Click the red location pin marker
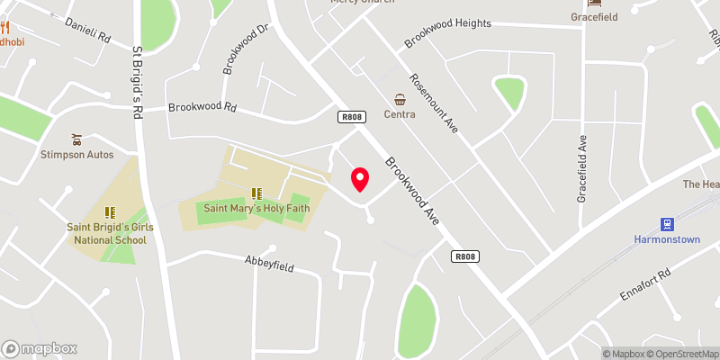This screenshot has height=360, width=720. coord(360,179)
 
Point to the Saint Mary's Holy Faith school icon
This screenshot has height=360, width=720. coord(256,193)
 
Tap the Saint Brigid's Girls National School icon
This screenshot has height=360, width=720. coord(110,212)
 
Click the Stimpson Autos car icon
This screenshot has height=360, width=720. coord(76,139)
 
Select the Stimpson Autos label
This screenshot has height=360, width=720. coord(76,155)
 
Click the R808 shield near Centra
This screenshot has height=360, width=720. coord(351,117)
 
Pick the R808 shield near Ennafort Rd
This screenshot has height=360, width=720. coord(464,257)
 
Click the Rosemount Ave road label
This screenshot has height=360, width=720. coord(435,103)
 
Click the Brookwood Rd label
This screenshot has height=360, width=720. coord(202,107)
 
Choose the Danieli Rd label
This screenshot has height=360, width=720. coord(86,31)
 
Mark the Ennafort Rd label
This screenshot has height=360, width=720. coord(645,284)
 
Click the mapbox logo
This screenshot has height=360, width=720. coord(40,349)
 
